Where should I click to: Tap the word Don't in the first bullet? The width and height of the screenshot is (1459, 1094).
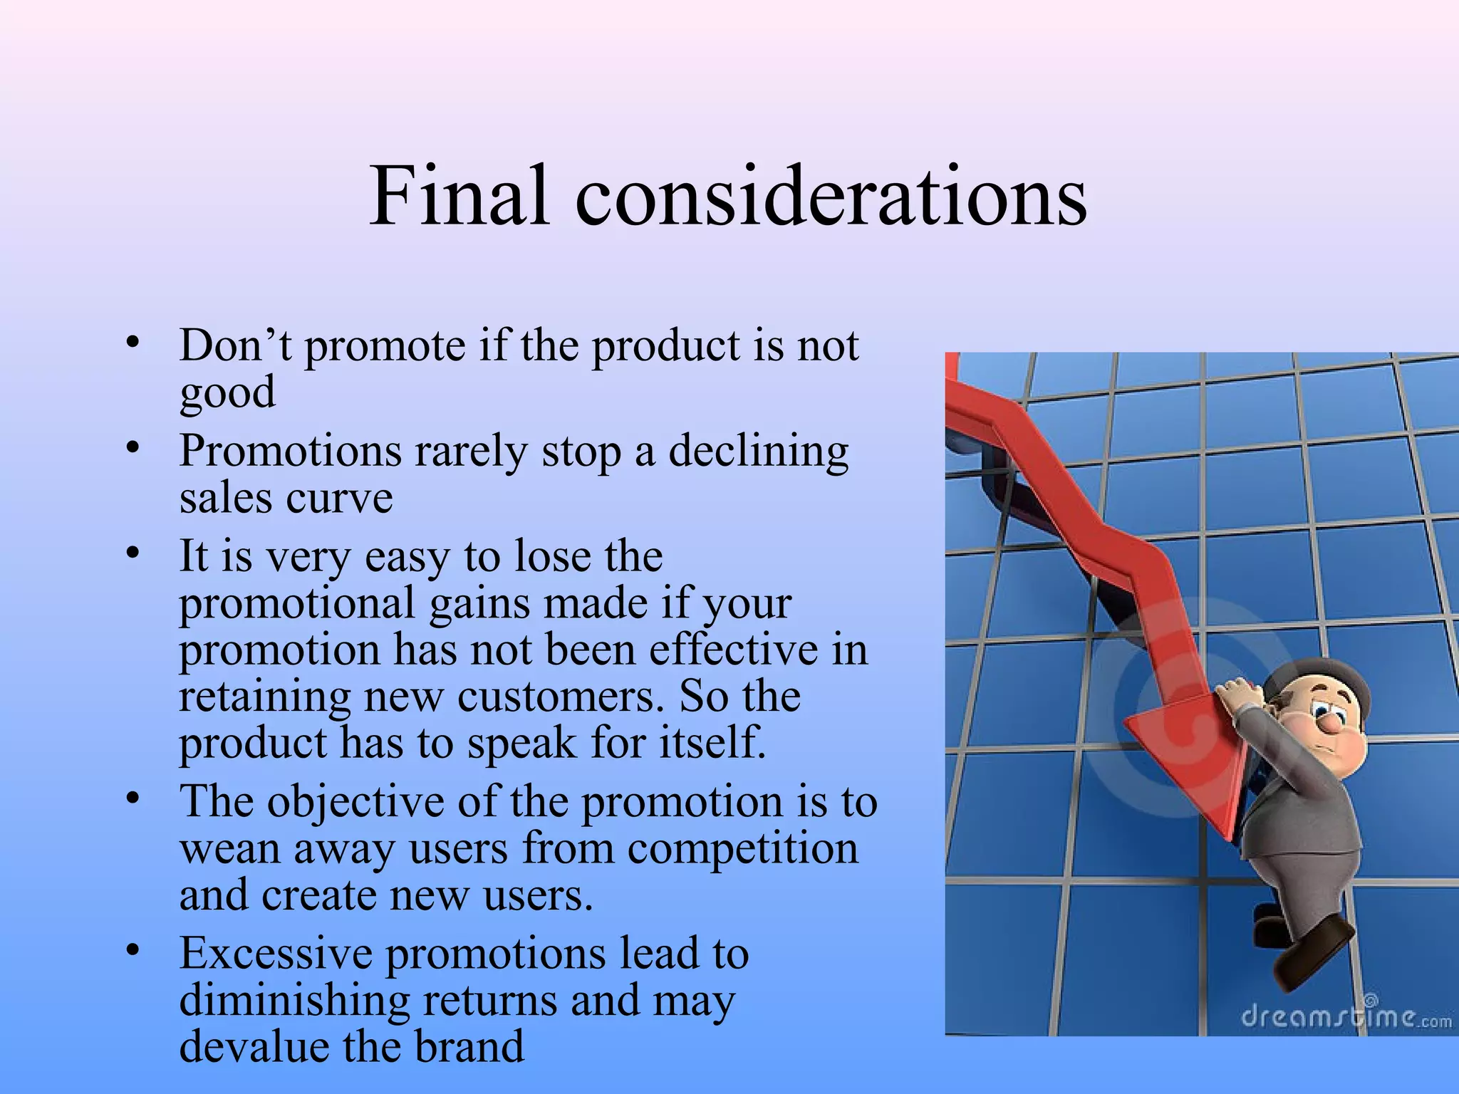tap(235, 346)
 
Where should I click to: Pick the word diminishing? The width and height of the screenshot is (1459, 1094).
tap(294, 1001)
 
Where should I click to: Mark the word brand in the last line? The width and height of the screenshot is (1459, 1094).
tap(469, 1047)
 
